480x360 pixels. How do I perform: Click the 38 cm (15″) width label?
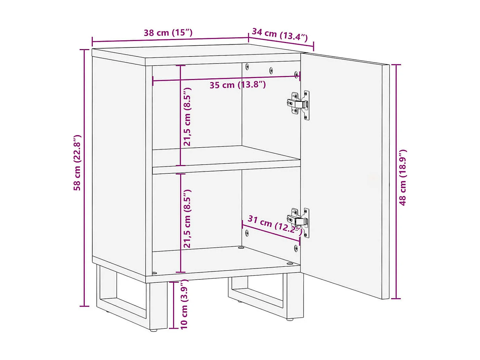pos(168,33)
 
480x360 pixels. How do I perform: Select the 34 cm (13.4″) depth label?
pos(280,34)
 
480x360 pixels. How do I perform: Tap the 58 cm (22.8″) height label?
pos(77,163)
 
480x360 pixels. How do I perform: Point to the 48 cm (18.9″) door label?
pos(403,177)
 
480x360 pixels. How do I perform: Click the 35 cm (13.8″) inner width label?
pos(238,85)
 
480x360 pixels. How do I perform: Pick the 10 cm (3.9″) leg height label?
pos(184,304)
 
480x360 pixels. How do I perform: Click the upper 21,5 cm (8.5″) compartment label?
pos(187,117)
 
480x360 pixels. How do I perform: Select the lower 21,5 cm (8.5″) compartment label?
pos(187,219)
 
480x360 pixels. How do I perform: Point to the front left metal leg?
pos(158,306)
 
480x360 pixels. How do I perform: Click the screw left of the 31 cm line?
pos(247,233)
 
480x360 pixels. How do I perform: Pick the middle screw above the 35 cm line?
pos(271,71)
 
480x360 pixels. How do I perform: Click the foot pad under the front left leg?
pos(154,331)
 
